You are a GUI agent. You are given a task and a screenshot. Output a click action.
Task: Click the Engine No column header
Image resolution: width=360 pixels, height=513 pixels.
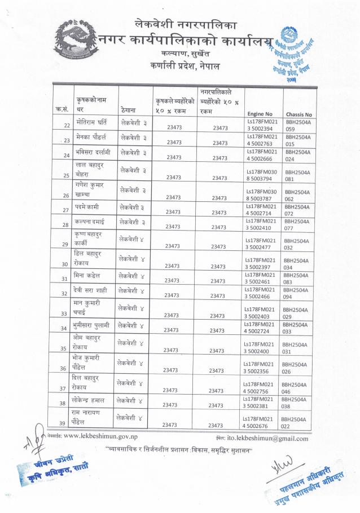pyautogui.click(x=260, y=113)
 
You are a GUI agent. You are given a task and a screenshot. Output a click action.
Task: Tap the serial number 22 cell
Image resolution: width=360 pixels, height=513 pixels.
pyautogui.click(x=67, y=125)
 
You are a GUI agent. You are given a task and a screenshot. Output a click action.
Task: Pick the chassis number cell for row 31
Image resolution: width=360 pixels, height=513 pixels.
pyautogui.click(x=295, y=278)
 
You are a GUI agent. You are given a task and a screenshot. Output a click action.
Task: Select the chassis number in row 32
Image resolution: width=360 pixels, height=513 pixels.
pyautogui.click(x=295, y=293)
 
